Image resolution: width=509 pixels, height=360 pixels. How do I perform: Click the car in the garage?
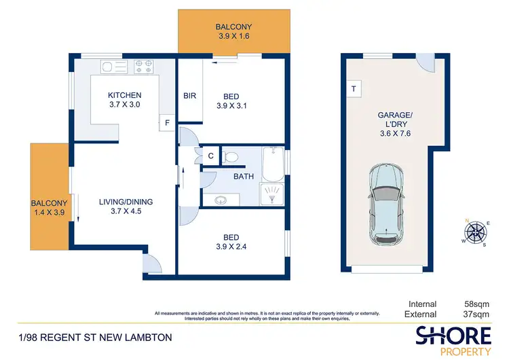coord(385,209)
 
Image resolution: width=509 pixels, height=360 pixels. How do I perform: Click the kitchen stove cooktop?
coord(144,66)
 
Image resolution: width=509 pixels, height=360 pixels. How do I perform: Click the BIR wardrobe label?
coord(189,96)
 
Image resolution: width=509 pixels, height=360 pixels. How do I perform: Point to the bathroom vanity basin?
coord(221,199)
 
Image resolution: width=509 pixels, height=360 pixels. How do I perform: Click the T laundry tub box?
coord(354,89)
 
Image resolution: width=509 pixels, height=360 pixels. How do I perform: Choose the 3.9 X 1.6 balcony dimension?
coord(233,37)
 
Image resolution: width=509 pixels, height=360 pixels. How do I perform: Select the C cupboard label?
coord(210,156)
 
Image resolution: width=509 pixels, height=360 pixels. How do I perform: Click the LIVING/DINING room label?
coord(126,201)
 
